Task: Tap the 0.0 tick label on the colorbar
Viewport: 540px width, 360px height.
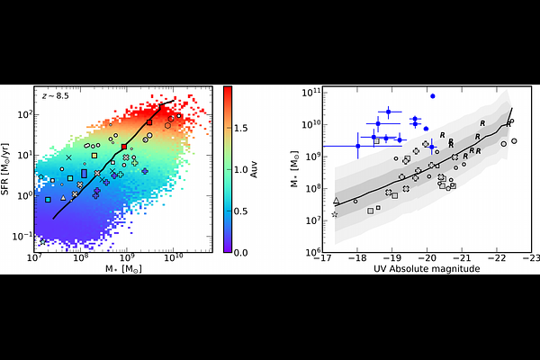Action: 240,253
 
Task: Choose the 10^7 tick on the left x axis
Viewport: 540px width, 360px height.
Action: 34,260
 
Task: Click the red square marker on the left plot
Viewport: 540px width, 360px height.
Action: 124,147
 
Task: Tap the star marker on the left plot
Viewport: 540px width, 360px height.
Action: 41,241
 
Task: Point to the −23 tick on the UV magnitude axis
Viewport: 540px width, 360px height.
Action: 531,259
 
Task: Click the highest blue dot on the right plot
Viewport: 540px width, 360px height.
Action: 433,95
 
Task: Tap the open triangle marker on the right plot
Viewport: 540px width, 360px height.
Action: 337,201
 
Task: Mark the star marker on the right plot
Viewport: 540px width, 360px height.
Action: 335,214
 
